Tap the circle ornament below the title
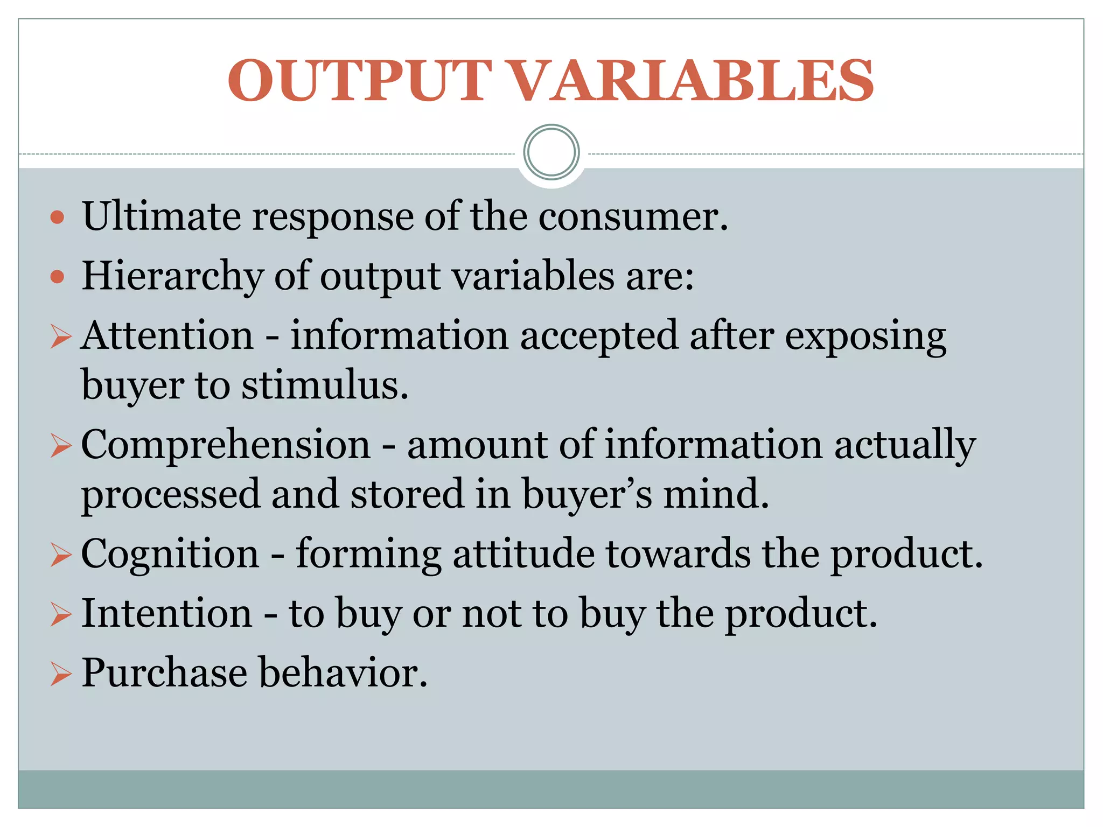tap(551, 152)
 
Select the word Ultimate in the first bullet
tap(162, 216)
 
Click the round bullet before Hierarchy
tap(57, 277)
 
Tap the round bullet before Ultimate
tap(57, 218)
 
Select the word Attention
tap(167, 335)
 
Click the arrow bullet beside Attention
tap(61, 338)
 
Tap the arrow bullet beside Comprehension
tap(61, 447)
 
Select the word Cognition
tap(170, 553)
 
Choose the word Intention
tap(167, 613)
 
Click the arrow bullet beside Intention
tap(61, 615)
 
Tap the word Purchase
tap(164, 673)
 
